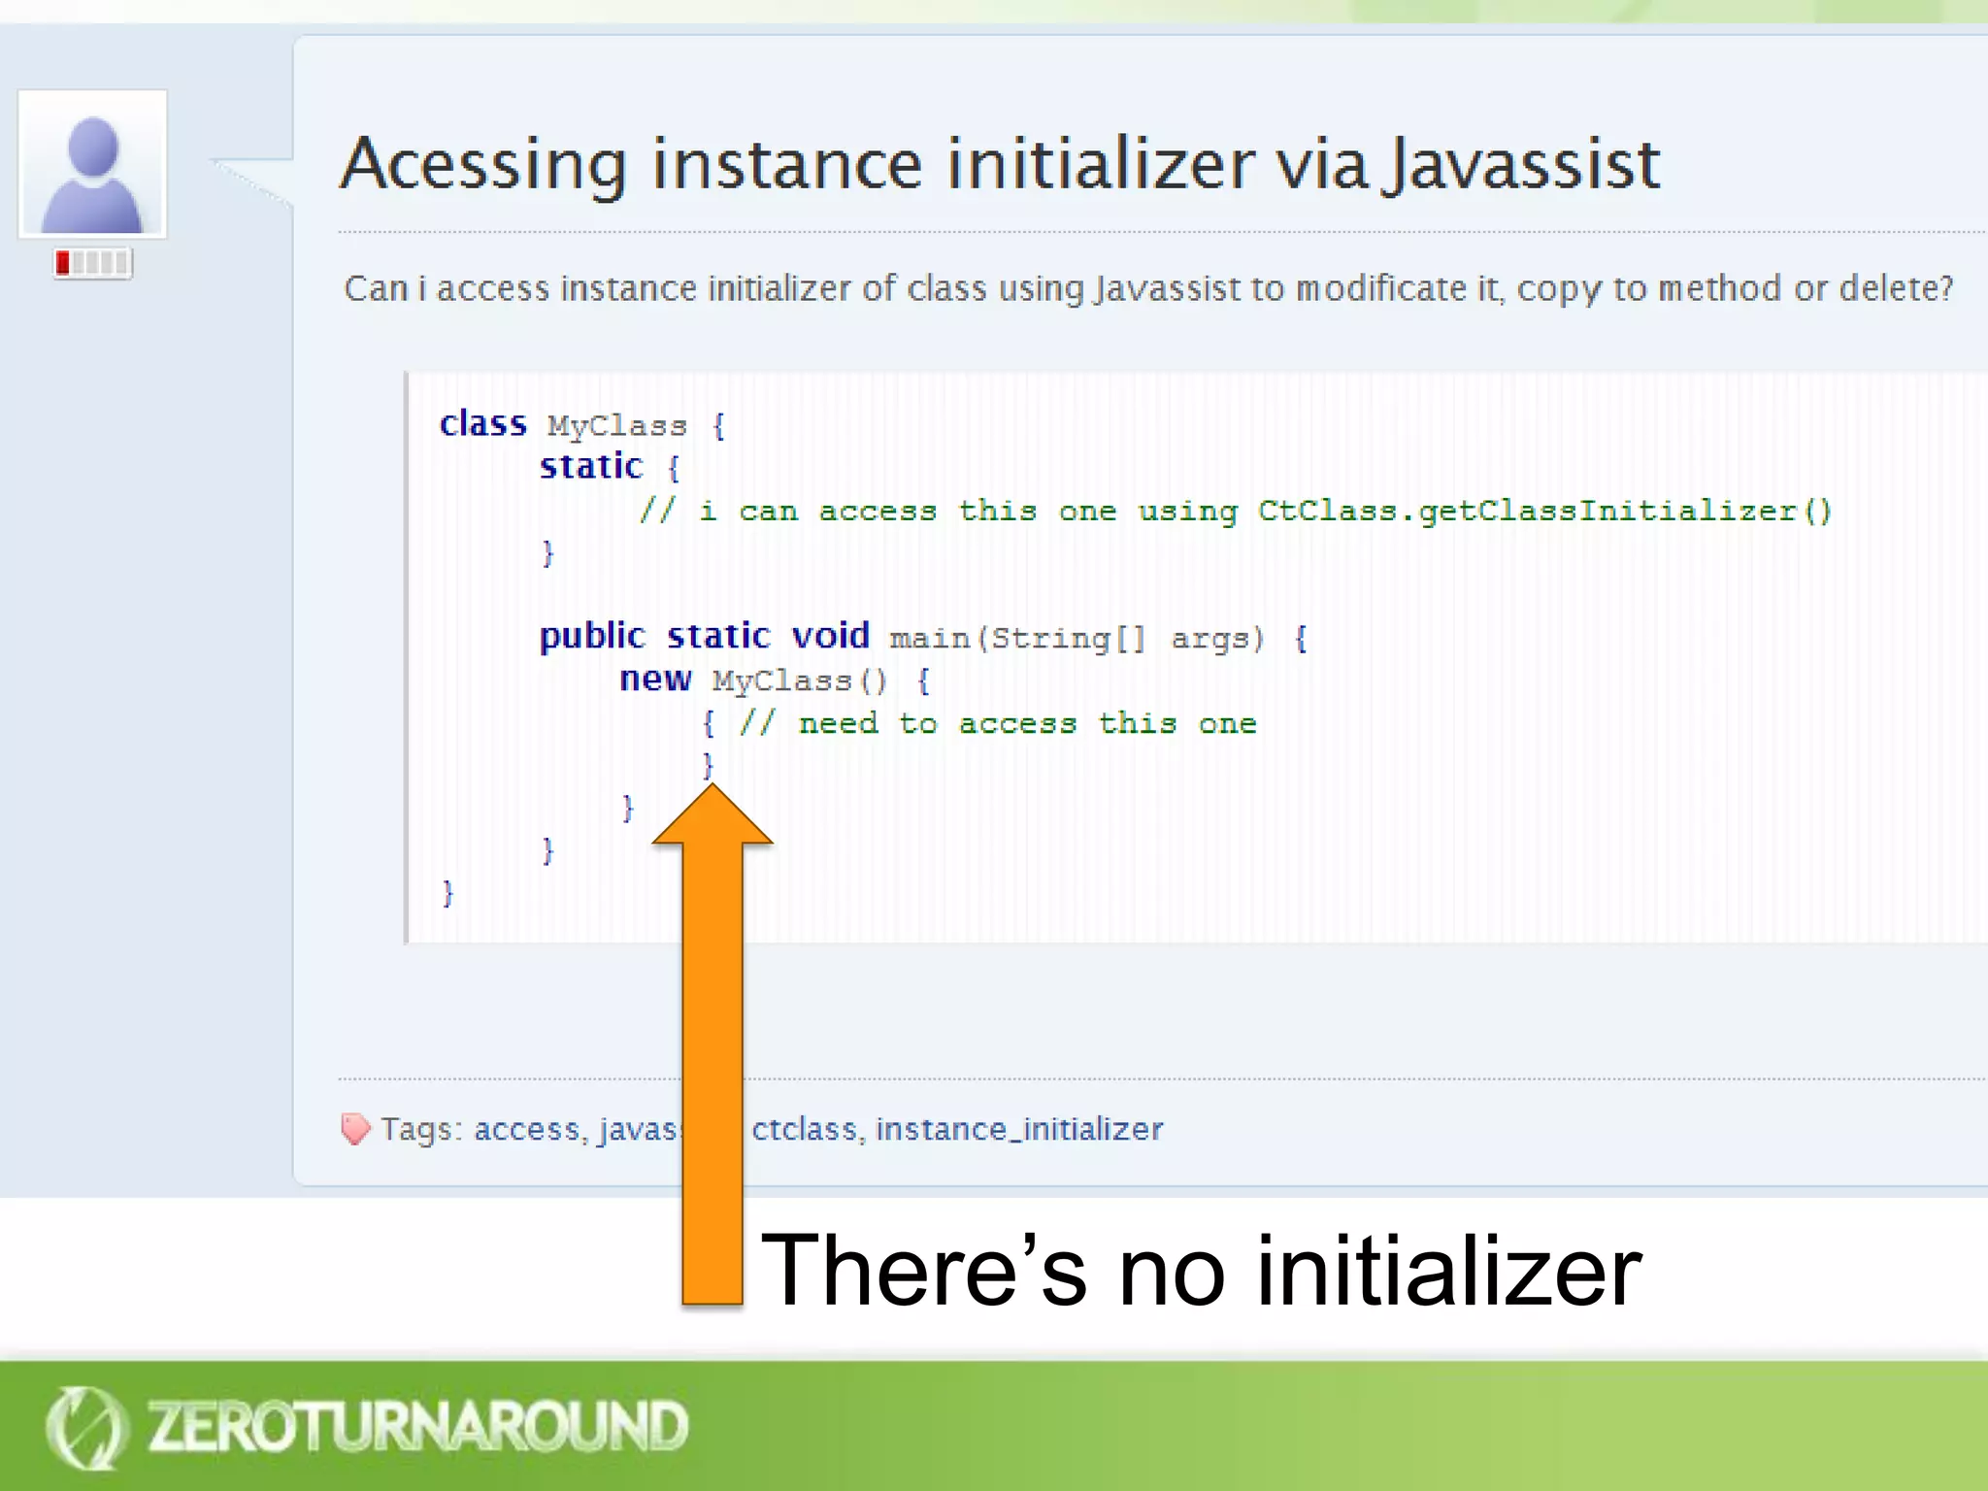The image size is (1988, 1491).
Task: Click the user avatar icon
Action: click(x=92, y=165)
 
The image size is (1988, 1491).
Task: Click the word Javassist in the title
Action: click(x=1522, y=165)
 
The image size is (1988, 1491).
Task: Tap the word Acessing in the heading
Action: click(x=483, y=165)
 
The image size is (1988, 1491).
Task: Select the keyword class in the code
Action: click(x=482, y=424)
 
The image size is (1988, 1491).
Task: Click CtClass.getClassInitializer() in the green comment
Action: click(x=1543, y=511)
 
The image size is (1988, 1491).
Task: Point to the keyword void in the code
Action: click(x=830, y=636)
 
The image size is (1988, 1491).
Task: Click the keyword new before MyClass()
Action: click(x=655, y=679)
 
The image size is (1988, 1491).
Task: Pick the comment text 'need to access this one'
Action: click(x=1026, y=723)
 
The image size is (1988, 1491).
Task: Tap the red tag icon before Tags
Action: click(x=355, y=1128)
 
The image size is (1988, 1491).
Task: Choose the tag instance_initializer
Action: click(x=1018, y=1129)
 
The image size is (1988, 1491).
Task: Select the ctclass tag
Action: click(x=805, y=1129)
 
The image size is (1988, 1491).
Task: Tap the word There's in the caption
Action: click(x=922, y=1271)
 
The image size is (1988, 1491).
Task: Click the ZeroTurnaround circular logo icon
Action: click(x=85, y=1427)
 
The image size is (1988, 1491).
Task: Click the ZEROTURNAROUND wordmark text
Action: click(x=417, y=1427)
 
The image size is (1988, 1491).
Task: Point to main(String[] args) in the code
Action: click(x=1077, y=638)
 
